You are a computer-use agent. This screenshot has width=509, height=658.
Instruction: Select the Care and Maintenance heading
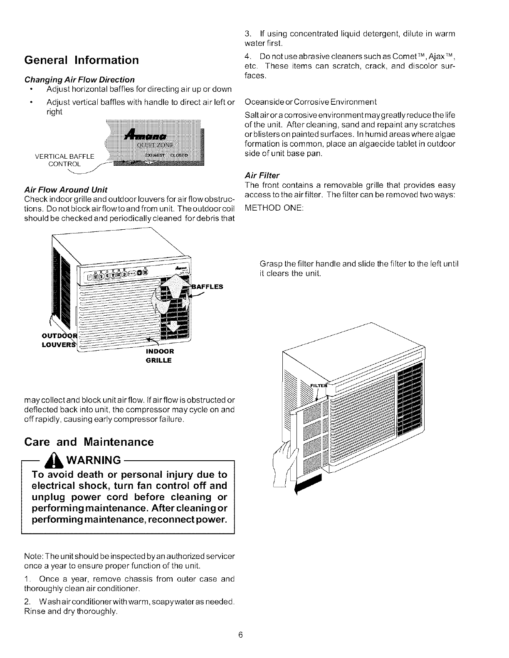click(89, 442)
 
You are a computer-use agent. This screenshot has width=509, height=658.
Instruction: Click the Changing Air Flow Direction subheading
click(79, 79)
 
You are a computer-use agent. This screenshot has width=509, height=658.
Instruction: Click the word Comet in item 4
click(397, 56)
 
